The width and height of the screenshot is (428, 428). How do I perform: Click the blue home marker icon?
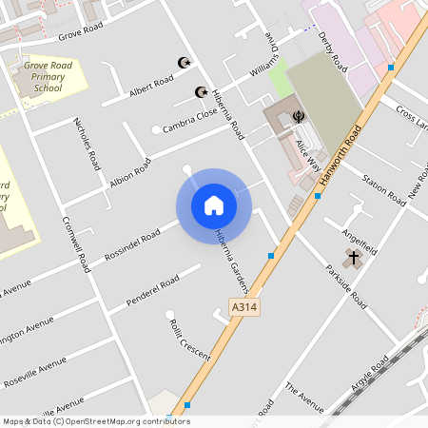coord(213,205)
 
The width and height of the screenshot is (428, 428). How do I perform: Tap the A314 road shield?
coord(244,307)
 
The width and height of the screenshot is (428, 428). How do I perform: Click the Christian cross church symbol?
coord(354,258)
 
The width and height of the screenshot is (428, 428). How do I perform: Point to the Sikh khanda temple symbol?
coord(299,117)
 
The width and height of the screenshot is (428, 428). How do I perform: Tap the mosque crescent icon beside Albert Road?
coord(185,63)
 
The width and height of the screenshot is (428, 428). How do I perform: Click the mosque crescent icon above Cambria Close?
coord(201,92)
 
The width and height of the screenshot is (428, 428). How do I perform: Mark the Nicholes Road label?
coord(87,143)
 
